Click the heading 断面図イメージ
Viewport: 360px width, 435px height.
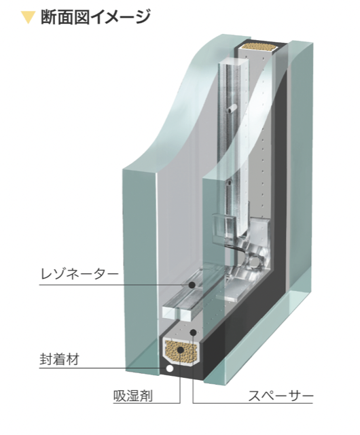pyautogui.click(x=95, y=17)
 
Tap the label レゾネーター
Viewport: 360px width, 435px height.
pyautogui.click(x=79, y=274)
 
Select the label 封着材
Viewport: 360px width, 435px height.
pyautogui.click(x=59, y=360)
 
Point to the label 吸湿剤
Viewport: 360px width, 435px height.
pyautogui.click(x=133, y=396)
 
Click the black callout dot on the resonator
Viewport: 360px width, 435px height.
pyautogui.click(x=192, y=285)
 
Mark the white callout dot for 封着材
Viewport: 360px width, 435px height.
pyautogui.click(x=169, y=368)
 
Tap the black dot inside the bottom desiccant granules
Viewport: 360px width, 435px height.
pyautogui.click(x=181, y=350)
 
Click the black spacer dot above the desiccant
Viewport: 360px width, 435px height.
pyautogui.click(x=194, y=332)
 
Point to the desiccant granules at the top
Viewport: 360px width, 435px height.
pyautogui.click(x=259, y=47)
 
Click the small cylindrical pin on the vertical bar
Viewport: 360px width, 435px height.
pyautogui.click(x=231, y=109)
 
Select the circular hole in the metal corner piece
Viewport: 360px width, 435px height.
pyautogui.click(x=255, y=262)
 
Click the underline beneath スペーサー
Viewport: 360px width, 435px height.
pyautogui.click(x=253, y=403)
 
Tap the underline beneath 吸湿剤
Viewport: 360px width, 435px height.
pyautogui.click(x=147, y=403)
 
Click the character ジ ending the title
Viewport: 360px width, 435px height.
pyautogui.click(x=142, y=17)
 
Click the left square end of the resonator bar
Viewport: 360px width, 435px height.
pyautogui.click(x=170, y=313)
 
